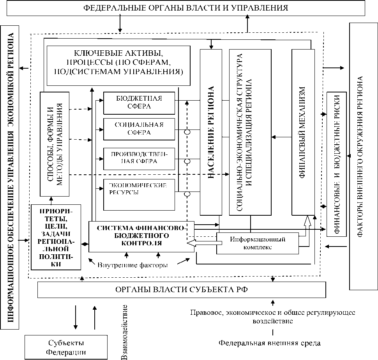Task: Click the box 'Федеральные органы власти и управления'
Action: pyautogui.click(x=186, y=8)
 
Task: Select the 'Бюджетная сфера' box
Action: pyautogui.click(x=139, y=102)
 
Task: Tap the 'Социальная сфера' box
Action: pyautogui.click(x=139, y=129)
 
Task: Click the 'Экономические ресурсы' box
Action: pyautogui.click(x=139, y=189)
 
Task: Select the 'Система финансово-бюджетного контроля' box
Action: pyautogui.click(x=141, y=236)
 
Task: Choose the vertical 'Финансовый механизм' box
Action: pyautogui.click(x=302, y=132)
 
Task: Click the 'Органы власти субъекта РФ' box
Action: pyautogui.click(x=182, y=289)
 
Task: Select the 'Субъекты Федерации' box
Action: pyautogui.click(x=66, y=347)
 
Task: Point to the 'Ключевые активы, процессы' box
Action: pyautogui.click(x=118, y=65)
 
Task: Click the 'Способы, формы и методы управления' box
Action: pyautogui.click(x=55, y=144)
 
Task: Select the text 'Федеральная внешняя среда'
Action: pyautogui.click(x=269, y=343)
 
